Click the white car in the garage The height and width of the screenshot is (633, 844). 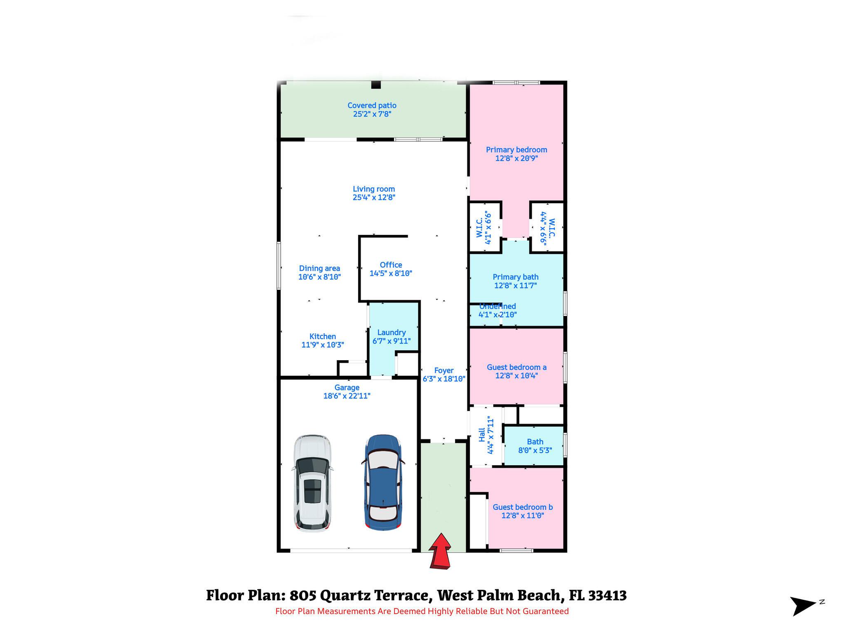tap(312, 483)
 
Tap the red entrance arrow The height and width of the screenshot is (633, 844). tap(440, 551)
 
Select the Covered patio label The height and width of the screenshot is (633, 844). tap(372, 105)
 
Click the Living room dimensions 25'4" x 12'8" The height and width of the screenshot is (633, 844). tap(374, 197)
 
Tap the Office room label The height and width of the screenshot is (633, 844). tap(391, 265)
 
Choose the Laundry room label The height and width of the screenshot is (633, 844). tap(392, 333)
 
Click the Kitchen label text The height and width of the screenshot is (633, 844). tap(323, 337)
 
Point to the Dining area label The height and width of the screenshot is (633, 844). tap(319, 268)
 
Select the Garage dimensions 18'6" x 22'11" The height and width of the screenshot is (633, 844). tap(347, 396)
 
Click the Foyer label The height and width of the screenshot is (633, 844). tap(444, 370)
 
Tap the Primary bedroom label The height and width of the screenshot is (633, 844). tap(516, 150)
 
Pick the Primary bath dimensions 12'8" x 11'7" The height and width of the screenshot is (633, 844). tap(516, 286)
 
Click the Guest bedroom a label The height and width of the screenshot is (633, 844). tap(517, 367)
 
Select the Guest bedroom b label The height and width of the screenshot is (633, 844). tap(523, 507)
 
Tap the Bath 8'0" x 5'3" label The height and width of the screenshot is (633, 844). tap(535, 446)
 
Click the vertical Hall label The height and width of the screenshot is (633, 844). tap(482, 435)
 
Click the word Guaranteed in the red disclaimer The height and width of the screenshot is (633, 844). tap(546, 612)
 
